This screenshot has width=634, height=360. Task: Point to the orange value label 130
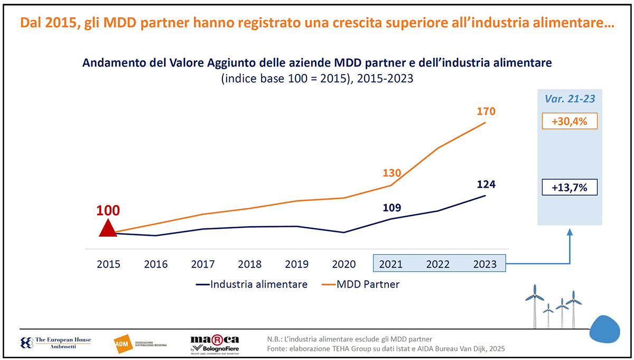point(391,173)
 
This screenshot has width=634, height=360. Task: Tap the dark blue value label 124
point(487,184)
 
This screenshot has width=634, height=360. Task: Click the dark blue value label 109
point(391,207)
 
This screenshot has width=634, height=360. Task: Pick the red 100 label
point(108,209)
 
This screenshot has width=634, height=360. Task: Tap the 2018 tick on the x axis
point(250,264)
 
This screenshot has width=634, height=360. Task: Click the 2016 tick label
point(156,264)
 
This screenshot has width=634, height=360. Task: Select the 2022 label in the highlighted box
point(438,264)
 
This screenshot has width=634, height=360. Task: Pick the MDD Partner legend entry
point(360,284)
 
